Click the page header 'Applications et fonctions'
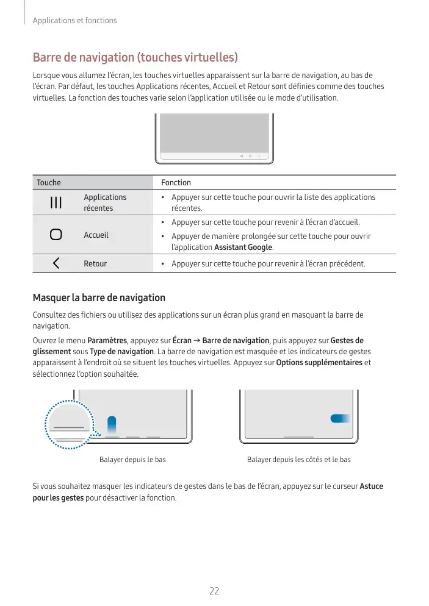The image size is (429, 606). point(74,21)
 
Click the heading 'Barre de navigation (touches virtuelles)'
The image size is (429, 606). point(135,58)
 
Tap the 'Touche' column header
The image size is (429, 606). point(49,183)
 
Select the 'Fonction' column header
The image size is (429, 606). point(176,183)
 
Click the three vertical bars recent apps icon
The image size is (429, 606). point(56,202)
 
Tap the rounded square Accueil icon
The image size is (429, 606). point(56,235)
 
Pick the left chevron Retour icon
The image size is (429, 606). point(56,263)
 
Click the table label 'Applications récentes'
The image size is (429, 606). point(105,202)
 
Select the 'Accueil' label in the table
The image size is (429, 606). point(96,235)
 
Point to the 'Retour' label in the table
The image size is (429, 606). point(95,264)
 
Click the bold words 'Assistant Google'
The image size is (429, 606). point(243,248)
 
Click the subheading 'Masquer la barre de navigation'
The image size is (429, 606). point(99,298)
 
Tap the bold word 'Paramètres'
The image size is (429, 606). point(107,340)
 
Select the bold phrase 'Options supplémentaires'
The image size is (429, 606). point(319,363)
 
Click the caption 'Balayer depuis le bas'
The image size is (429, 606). point(132,459)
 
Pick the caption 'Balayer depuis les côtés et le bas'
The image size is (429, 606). point(298,459)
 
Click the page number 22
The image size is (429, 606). point(214,591)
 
